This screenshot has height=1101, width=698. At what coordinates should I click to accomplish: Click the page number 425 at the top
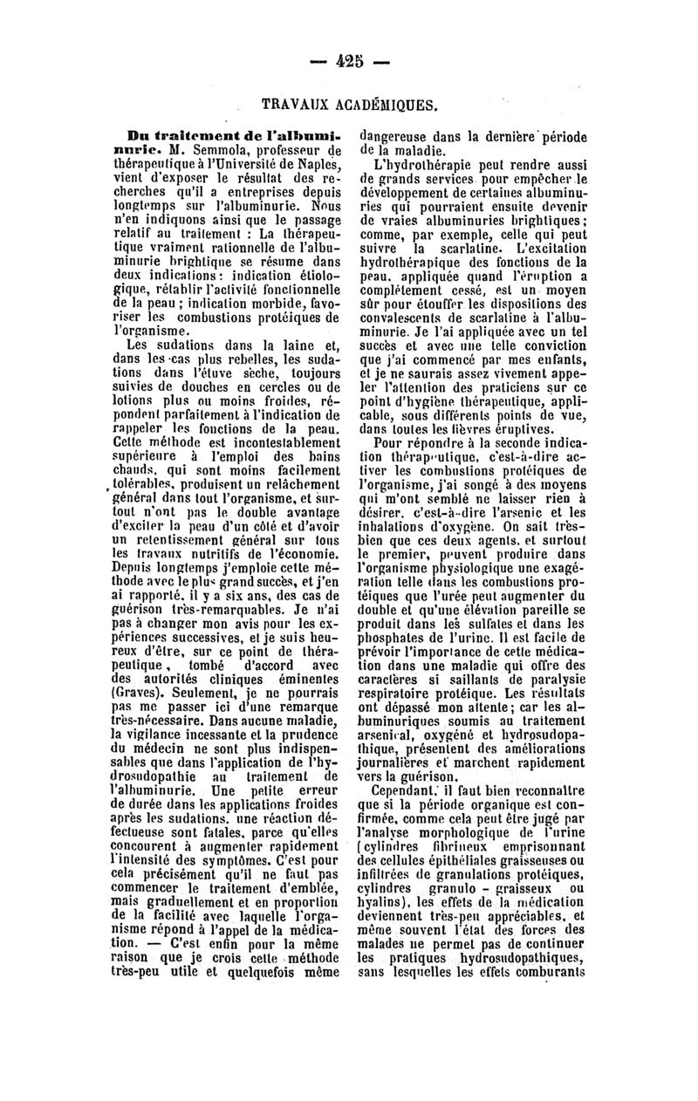[x=349, y=62]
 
